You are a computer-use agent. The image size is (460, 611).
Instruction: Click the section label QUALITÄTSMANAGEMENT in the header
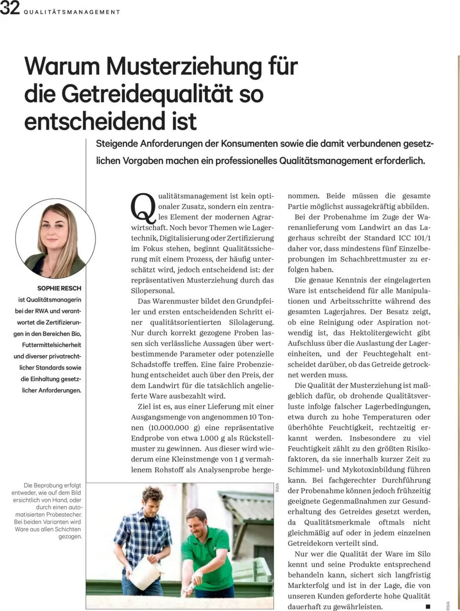(x=72, y=12)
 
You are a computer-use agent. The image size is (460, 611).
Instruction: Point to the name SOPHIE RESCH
(x=59, y=288)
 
